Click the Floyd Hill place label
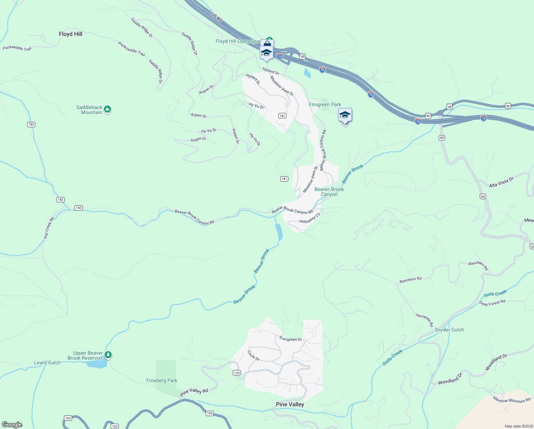(x=70, y=34)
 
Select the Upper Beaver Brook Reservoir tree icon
(x=108, y=355)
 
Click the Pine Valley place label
(x=290, y=404)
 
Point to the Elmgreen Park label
(x=325, y=104)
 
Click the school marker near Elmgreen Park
(x=345, y=116)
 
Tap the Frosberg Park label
(x=162, y=380)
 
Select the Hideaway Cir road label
(x=310, y=218)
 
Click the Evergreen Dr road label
(x=291, y=339)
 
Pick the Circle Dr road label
(x=253, y=355)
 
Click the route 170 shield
(x=237, y=373)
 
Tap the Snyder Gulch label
(x=449, y=330)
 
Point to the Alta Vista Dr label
(x=501, y=182)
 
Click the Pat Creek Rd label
(x=49, y=228)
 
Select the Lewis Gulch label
(x=47, y=363)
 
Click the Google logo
(x=12, y=425)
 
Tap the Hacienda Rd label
(x=424, y=320)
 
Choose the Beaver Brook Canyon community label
(x=329, y=192)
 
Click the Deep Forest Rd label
(x=492, y=303)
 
